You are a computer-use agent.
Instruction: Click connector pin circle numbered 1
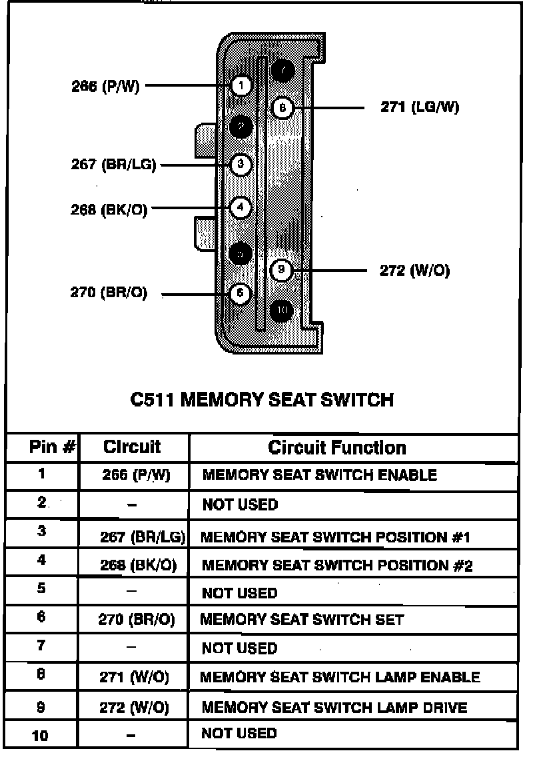[x=241, y=85]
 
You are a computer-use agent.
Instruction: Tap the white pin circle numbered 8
[x=282, y=107]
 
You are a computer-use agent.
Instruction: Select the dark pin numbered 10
[x=282, y=311]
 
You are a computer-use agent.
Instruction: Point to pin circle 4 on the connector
[x=241, y=208]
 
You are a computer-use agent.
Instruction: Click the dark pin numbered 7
[x=282, y=69]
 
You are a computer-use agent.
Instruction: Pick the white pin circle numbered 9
[x=282, y=271]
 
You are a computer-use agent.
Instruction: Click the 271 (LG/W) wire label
[x=420, y=107]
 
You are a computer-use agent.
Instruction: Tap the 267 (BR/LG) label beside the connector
[x=113, y=165]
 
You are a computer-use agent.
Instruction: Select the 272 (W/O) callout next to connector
[x=414, y=271]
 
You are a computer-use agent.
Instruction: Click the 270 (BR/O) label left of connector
[x=109, y=293]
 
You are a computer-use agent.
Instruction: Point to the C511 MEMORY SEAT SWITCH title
[x=261, y=400]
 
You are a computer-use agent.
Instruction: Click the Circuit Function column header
[x=336, y=447]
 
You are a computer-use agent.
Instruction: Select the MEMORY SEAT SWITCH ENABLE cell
[x=319, y=475]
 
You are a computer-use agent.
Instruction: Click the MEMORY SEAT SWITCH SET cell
[x=302, y=620]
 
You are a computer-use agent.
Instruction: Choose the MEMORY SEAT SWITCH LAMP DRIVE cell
[x=334, y=707]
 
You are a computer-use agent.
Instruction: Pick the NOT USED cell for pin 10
[x=239, y=734]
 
